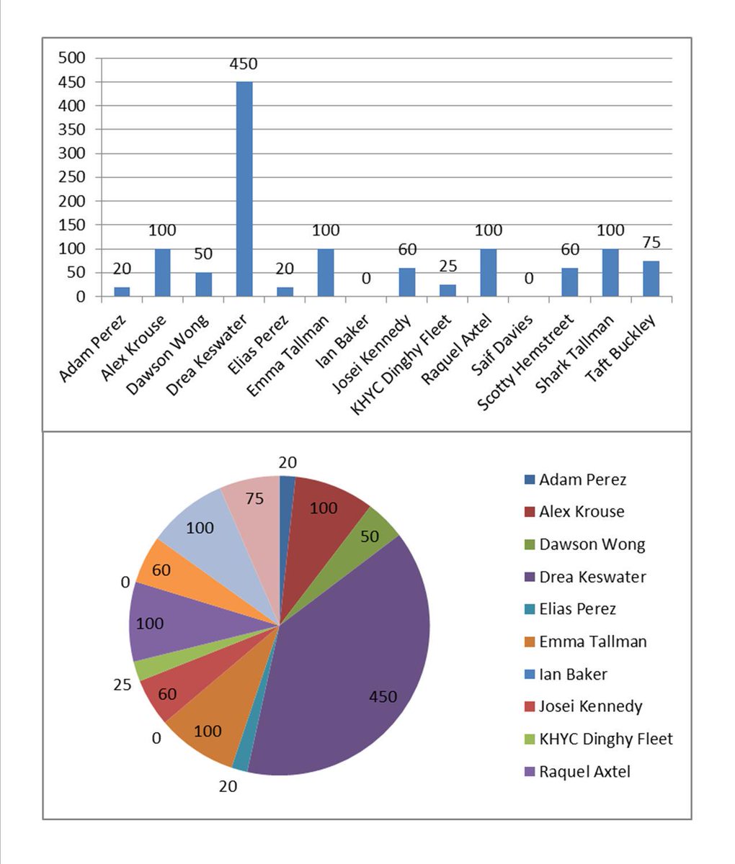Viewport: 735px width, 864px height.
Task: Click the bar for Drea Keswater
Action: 244,189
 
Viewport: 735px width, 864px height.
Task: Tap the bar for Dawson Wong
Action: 204,284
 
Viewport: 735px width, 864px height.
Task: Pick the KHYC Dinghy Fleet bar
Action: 447,290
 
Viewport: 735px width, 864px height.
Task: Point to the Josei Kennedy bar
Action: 407,282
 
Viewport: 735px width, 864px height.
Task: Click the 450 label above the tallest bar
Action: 244,64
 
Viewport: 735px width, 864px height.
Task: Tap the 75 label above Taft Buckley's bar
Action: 651,242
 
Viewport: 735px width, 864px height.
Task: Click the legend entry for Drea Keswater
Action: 592,577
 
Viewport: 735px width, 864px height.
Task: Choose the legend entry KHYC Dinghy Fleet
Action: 605,739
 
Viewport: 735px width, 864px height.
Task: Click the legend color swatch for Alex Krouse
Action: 530,512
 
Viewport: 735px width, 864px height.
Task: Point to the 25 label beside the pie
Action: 122,685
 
